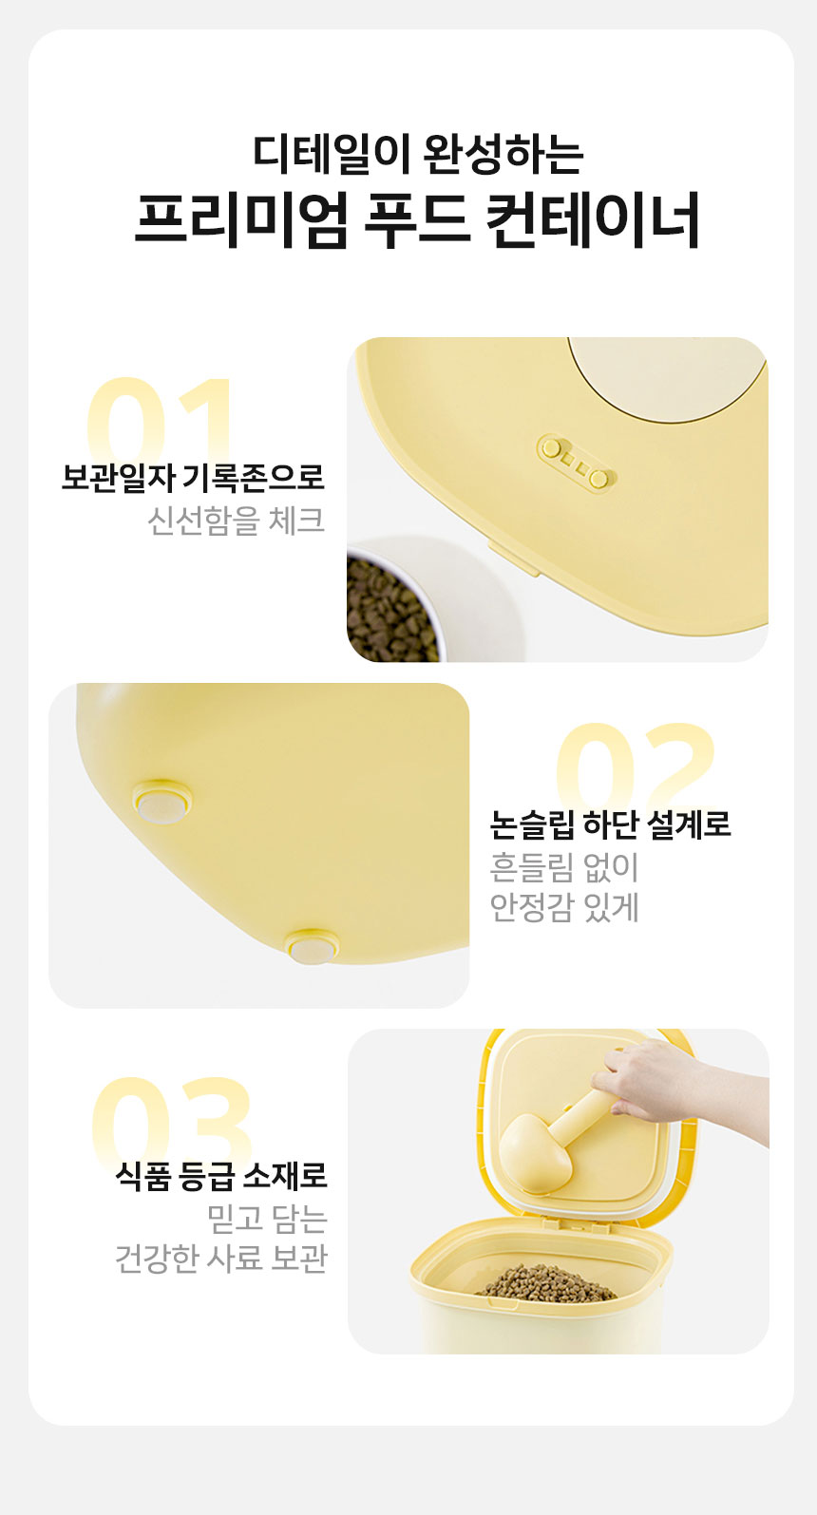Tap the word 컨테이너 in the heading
click(593, 219)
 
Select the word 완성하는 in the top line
click(503, 153)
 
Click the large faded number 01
click(160, 418)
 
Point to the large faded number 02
click(635, 766)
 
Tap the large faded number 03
click(172, 1121)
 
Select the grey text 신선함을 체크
click(236, 520)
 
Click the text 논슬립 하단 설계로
click(610, 824)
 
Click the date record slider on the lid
click(574, 463)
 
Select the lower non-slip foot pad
click(312, 947)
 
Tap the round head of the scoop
click(535, 1152)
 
